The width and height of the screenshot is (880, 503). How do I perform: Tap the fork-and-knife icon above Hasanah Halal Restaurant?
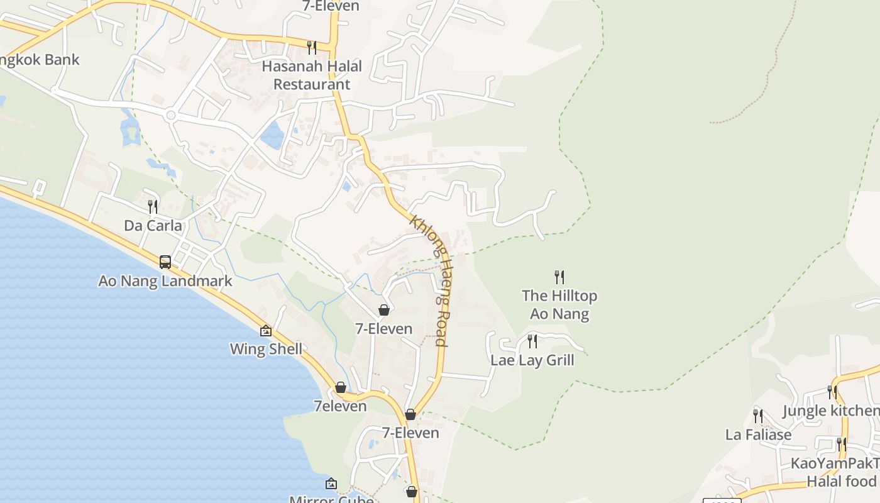311,47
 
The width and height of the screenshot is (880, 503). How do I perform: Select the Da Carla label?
153,226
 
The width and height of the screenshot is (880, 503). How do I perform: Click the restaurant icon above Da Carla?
152,206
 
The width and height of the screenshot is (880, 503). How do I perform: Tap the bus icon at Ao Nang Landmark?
165,262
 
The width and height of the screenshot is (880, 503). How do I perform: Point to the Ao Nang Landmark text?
165,281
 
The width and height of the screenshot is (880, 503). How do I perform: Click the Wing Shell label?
266,349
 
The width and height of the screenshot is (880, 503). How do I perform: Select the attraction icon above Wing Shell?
266,330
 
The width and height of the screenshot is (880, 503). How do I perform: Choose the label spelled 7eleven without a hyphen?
340,406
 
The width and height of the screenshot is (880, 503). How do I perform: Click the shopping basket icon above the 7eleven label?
340,387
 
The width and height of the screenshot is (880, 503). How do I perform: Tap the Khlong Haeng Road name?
430,280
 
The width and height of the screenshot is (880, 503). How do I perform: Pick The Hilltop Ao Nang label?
559,304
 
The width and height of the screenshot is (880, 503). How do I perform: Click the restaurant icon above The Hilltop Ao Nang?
559,277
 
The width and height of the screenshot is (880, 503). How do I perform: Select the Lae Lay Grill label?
532,360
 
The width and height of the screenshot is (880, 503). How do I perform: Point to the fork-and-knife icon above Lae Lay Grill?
532,341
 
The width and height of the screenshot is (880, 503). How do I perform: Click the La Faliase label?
758,434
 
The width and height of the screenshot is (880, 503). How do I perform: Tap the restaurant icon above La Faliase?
758,416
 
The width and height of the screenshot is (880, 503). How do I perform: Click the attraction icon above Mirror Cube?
331,484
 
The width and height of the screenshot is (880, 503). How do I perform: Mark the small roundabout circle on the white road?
170,115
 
